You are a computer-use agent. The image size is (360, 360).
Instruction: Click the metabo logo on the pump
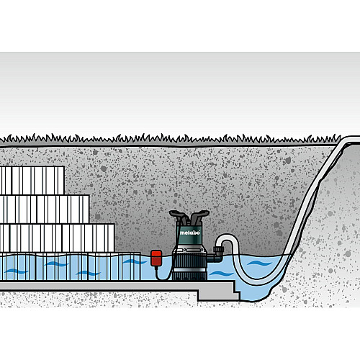(x=190, y=233)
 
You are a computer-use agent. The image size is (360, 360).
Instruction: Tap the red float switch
(x=156, y=258)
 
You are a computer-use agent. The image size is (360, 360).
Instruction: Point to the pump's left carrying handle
(x=178, y=215)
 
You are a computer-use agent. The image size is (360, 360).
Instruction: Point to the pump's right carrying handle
(x=199, y=215)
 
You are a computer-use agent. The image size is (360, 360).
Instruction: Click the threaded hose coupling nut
(x=218, y=251)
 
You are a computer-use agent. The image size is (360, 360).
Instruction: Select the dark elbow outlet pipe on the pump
(x=215, y=257)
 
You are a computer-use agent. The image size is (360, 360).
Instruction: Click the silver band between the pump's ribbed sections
(x=189, y=270)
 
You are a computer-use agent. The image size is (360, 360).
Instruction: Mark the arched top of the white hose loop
(x=227, y=236)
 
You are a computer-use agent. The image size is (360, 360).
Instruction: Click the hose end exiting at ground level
(x=351, y=140)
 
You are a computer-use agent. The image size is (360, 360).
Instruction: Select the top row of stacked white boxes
(x=32, y=180)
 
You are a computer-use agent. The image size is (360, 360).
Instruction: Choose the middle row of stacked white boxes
(x=45, y=210)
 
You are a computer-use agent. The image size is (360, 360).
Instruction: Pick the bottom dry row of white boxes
(x=57, y=238)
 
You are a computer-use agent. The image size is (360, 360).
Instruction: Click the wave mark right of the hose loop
(x=259, y=264)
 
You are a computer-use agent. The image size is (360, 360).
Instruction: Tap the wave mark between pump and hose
(x=221, y=274)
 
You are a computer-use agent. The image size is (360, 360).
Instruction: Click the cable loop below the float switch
(x=164, y=276)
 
